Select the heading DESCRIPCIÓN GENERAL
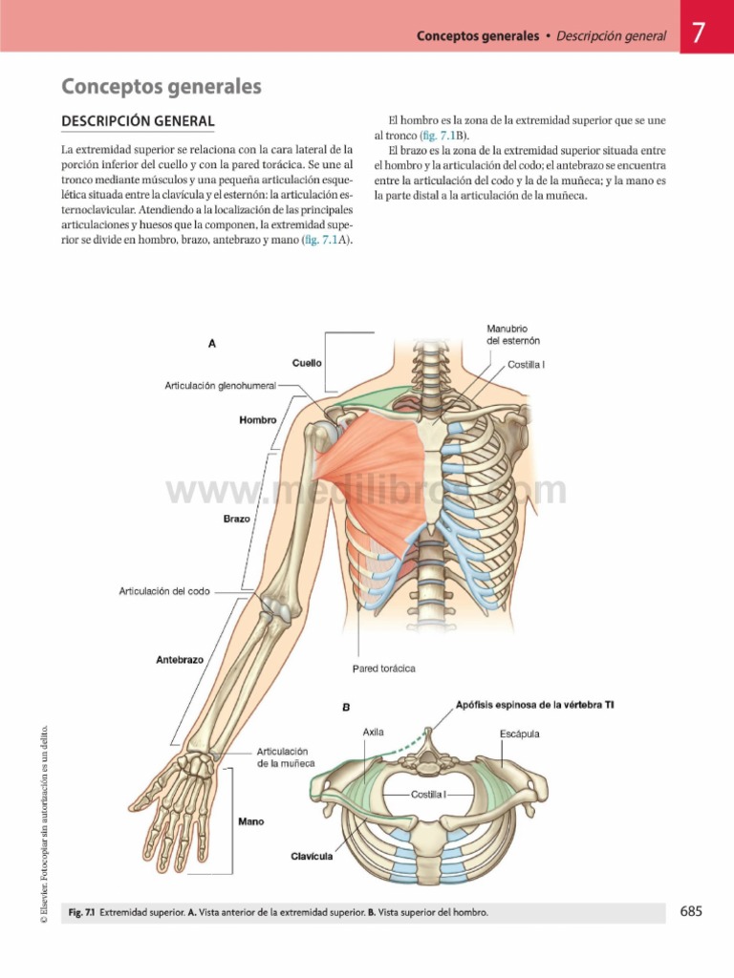point(138,121)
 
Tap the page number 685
point(691,911)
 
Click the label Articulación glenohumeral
point(221,386)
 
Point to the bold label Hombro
point(258,420)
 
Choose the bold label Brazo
point(237,519)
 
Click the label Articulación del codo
point(164,591)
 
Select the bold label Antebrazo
point(180,660)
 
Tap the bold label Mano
point(251,822)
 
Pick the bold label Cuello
point(307,363)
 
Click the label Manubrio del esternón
point(513,335)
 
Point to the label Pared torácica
point(384,669)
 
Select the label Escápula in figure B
point(519,734)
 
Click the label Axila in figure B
point(374,733)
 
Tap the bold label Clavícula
point(313,857)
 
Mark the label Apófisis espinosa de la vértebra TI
point(535,705)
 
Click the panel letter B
point(346,708)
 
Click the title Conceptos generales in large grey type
point(161,86)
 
